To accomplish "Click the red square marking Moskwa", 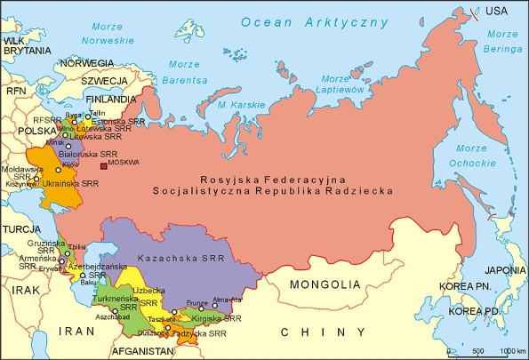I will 104,165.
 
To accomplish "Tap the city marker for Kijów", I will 60,170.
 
